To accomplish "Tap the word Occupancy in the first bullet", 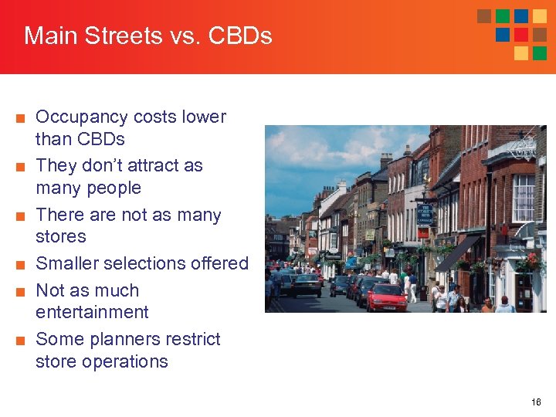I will [82, 117].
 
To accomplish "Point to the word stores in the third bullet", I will [61, 236].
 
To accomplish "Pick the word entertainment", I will [92, 312].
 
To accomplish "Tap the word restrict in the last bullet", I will [196, 339].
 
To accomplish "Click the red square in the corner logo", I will [521, 35].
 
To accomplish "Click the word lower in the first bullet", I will [204, 117].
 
